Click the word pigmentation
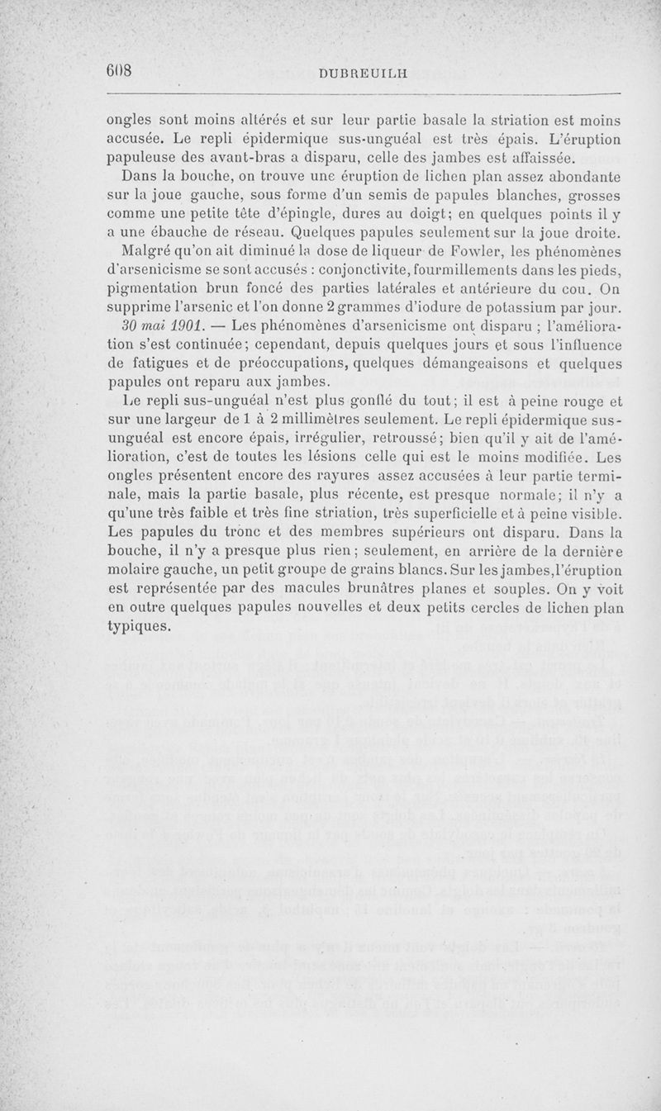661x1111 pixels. point(158,289)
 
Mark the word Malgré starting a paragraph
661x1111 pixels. point(147,252)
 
